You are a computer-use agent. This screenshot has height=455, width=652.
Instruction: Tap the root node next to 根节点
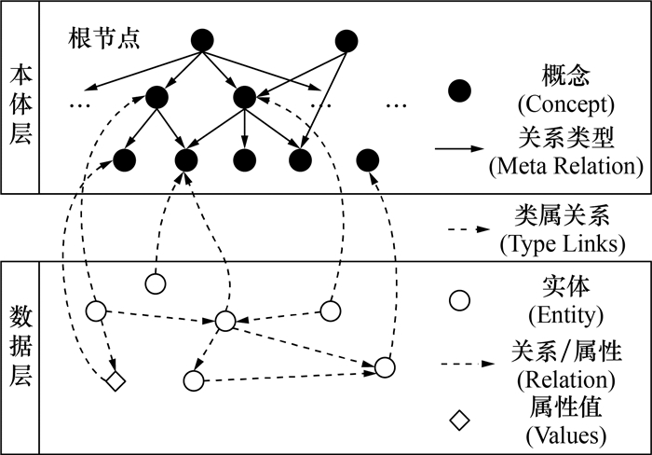pos(202,40)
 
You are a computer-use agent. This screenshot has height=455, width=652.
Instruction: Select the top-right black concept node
pos(346,40)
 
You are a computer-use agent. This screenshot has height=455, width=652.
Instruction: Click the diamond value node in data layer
pos(115,380)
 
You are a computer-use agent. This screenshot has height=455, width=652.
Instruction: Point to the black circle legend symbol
pos(459,90)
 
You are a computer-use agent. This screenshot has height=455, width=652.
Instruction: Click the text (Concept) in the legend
pos(565,103)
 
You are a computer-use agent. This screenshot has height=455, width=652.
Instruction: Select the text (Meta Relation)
pos(565,168)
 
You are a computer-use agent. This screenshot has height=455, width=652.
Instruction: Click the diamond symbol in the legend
pos(459,420)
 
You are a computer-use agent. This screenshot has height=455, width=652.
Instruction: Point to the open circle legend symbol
pos(459,300)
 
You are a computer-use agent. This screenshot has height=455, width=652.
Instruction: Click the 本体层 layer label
pos(20,103)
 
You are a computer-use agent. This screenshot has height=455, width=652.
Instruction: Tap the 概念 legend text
pos(565,74)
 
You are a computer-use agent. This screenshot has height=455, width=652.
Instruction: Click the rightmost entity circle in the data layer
pos(386,366)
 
